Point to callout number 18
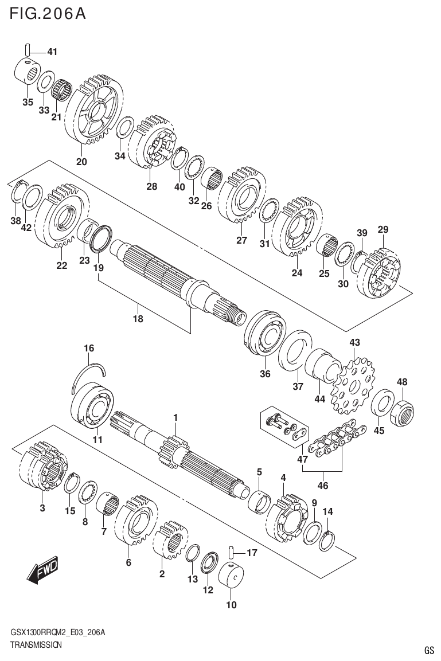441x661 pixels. tap(138, 319)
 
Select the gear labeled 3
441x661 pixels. tap(43, 467)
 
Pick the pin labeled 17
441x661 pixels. tap(230, 552)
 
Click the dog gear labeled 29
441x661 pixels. tap(381, 273)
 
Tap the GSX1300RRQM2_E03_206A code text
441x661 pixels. tap(57, 632)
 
